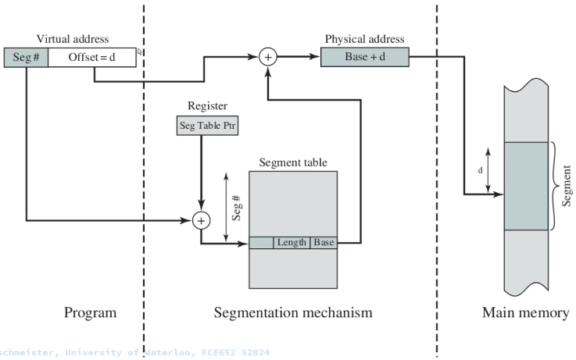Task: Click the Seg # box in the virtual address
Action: (26, 57)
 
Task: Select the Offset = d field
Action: (93, 57)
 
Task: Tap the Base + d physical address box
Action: (363, 57)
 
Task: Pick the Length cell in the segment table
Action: (292, 242)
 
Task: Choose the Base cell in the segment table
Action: (324, 242)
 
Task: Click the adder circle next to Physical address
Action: (268, 57)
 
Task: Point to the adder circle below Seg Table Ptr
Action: (202, 220)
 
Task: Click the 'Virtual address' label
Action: (72, 37)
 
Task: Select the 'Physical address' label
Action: (363, 37)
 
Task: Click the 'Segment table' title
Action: (293, 162)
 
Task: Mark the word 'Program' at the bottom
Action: (90, 313)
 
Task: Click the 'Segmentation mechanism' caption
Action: (293, 313)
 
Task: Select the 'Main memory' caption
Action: (524, 313)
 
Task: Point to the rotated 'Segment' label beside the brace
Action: (566, 185)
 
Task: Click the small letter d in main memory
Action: (480, 169)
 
